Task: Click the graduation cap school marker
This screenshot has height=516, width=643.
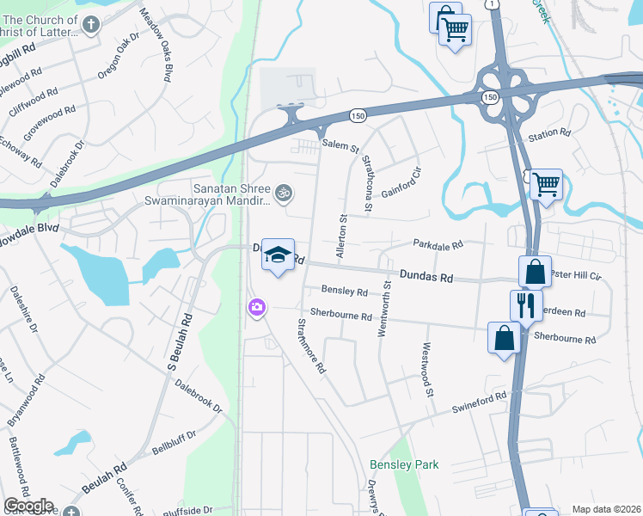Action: click(x=278, y=255)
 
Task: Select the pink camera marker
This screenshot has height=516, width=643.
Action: click(x=256, y=308)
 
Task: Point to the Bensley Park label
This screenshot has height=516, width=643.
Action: click(x=404, y=464)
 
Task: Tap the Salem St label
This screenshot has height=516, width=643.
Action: click(x=340, y=145)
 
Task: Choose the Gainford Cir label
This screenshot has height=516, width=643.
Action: click(x=400, y=181)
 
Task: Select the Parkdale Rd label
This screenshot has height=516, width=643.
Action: click(x=438, y=244)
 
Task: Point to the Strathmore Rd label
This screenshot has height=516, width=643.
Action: click(x=311, y=345)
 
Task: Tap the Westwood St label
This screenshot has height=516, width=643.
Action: click(x=426, y=369)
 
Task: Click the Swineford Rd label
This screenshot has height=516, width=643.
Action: click(x=480, y=403)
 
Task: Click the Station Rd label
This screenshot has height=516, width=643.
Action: click(x=549, y=134)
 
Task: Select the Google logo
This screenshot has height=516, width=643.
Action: click(x=28, y=506)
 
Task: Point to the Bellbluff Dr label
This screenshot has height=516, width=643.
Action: click(x=174, y=441)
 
